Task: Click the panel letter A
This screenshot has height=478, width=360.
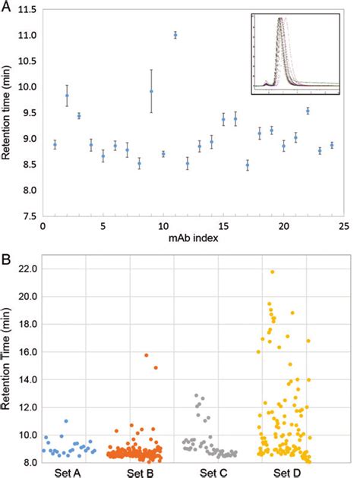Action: click(7, 8)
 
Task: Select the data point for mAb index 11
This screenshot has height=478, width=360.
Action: click(175, 35)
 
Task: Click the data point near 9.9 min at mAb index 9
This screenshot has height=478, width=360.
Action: click(151, 91)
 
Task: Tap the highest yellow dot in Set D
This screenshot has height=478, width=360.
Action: click(272, 272)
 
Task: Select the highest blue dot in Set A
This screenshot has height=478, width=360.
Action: click(67, 420)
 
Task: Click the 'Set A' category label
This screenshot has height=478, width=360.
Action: click(68, 471)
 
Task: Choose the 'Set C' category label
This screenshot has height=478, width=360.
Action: click(207, 471)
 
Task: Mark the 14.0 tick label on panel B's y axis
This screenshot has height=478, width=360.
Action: click(26, 379)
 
